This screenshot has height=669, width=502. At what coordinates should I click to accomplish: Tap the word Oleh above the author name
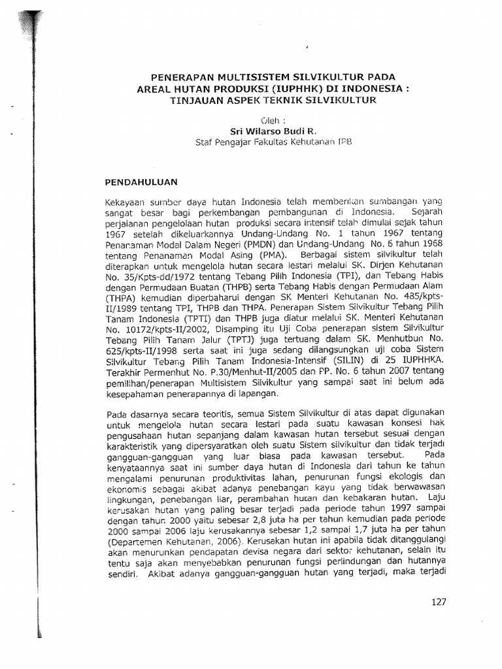270,120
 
